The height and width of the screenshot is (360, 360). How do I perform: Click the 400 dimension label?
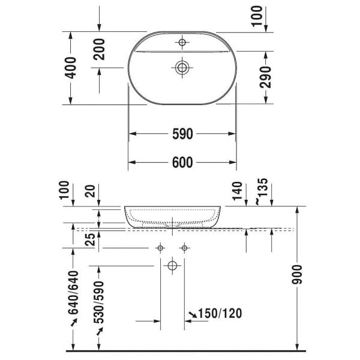pyautogui.click(x=71, y=69)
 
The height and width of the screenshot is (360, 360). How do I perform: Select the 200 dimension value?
pyautogui.click(x=100, y=49)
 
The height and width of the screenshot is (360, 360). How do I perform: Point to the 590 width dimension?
pyautogui.click(x=182, y=134)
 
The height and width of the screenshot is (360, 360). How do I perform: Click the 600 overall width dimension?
pyautogui.click(x=182, y=163)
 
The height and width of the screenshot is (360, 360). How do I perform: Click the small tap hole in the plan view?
pyautogui.click(x=182, y=42)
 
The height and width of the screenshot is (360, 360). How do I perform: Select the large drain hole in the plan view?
pyautogui.click(x=182, y=67)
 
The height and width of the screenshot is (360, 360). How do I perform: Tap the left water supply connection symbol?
pyautogui.click(x=160, y=248)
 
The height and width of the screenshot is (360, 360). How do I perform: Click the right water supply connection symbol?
pyautogui.click(x=185, y=248)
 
